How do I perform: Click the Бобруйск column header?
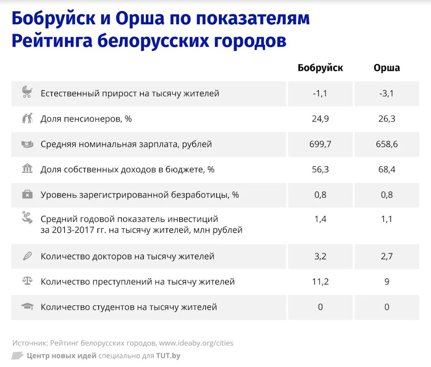tap(320, 68)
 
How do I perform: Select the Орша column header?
tap(387, 68)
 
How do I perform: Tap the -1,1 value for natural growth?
tap(320, 94)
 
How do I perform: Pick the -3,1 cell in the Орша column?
tap(387, 94)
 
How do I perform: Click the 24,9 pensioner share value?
tap(320, 119)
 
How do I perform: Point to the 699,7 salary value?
tap(320, 144)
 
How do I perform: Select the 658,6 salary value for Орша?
tap(387, 144)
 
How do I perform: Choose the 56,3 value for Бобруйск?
tap(320, 170)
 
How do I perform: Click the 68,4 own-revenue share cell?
tap(387, 170)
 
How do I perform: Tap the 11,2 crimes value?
tap(320, 282)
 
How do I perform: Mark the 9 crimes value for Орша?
tap(387, 282)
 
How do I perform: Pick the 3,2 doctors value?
tap(320, 256)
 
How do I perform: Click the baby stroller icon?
tap(27, 92)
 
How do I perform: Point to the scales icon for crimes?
tap(27, 281)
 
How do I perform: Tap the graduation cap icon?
tap(27, 306)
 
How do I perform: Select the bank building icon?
tap(27, 169)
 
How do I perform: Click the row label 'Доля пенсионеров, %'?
tap(86, 119)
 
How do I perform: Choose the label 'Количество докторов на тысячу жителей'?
tap(128, 256)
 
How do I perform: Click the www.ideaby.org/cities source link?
tap(196, 343)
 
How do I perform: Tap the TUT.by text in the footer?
tap(168, 356)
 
